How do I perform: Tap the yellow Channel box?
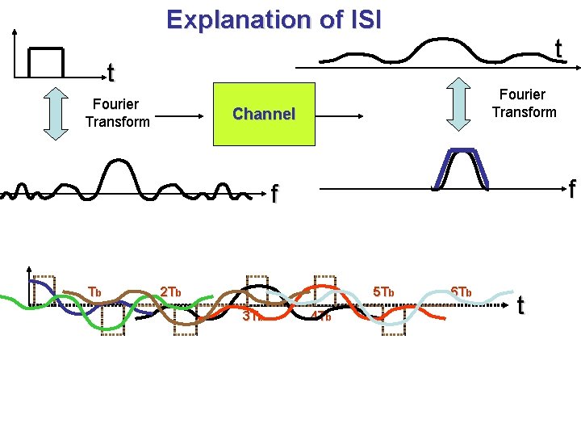tap(264, 114)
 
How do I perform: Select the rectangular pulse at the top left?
tap(46, 61)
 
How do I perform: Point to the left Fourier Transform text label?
tap(116, 113)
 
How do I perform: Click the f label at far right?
tap(571, 190)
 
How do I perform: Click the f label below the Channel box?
tap(275, 194)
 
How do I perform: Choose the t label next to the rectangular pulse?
tap(111, 74)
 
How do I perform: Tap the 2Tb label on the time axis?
tap(171, 291)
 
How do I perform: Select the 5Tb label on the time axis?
tap(382, 291)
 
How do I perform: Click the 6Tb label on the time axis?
tap(462, 291)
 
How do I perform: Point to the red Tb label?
tap(94, 291)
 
